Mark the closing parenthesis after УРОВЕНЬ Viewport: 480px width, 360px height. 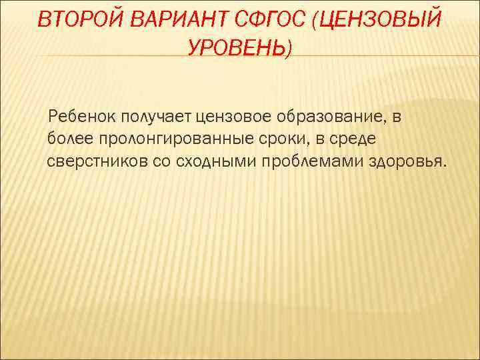click(289, 48)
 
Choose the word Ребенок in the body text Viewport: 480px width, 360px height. click(82, 117)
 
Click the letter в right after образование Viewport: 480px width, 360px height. click(397, 117)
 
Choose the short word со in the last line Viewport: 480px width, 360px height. click(161, 161)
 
